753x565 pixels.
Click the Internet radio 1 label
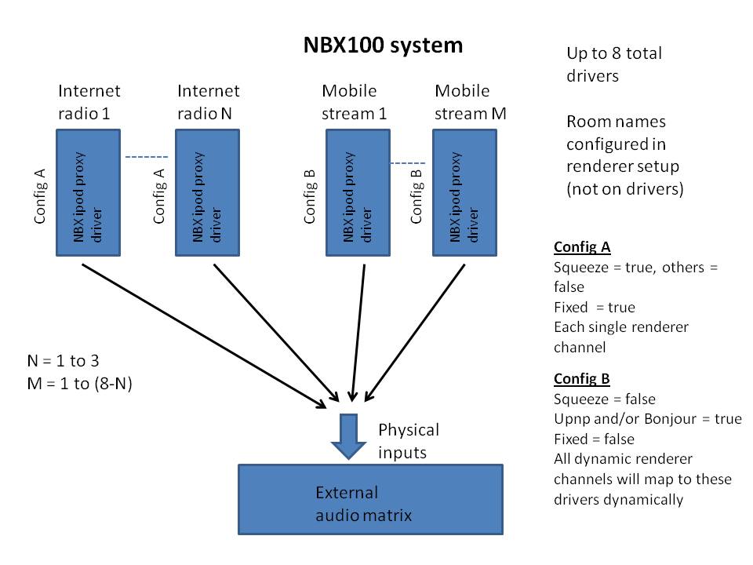click(89, 102)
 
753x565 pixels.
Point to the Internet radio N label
click(208, 102)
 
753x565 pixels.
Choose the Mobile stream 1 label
click(355, 102)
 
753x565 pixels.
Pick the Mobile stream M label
click(470, 102)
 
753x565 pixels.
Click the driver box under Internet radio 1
click(86, 192)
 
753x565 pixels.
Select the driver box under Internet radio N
click(206, 192)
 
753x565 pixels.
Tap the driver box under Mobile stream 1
click(358, 192)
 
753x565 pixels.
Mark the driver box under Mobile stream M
click(464, 192)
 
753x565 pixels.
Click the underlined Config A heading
click(582, 247)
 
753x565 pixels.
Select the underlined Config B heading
click(582, 379)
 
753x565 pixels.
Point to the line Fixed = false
click(594, 439)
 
